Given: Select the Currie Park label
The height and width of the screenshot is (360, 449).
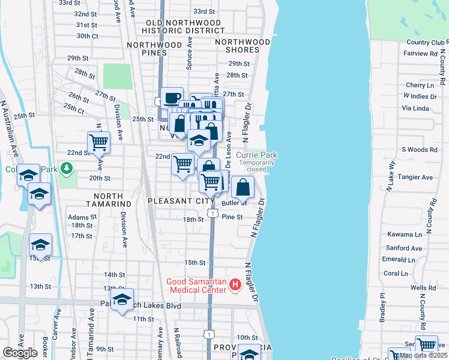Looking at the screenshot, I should (256, 155).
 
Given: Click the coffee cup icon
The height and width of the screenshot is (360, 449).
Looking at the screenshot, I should (172, 97).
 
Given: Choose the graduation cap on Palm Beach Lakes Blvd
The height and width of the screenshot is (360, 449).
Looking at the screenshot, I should (122, 300).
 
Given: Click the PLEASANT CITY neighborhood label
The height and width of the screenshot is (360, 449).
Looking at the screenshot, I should (175, 201).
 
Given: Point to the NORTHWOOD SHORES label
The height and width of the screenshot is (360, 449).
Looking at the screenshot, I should (243, 46).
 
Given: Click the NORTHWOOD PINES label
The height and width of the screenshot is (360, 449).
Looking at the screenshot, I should (154, 49).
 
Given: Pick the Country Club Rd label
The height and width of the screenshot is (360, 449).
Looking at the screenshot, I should (427, 43).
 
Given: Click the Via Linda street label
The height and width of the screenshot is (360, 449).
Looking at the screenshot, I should (415, 108).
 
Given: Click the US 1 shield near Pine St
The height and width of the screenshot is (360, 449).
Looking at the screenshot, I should (212, 213).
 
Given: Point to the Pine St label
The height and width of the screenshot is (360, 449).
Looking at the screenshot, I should (232, 217).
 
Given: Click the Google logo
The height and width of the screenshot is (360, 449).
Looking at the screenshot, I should (20, 353).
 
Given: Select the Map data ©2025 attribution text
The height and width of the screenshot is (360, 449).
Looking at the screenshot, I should (423, 355).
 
